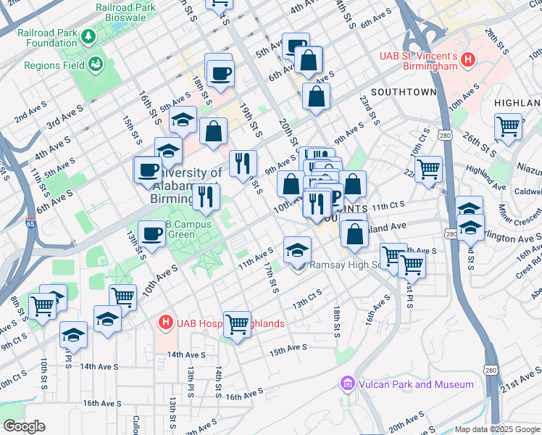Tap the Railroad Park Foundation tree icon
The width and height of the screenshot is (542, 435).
[x=88, y=36]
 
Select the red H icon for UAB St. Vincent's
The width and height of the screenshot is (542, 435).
[x=468, y=59]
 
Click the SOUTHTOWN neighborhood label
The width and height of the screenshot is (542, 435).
[x=404, y=92]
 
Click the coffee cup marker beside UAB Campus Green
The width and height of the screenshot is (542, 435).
[x=151, y=235]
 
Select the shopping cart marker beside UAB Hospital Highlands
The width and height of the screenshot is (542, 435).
[x=237, y=325]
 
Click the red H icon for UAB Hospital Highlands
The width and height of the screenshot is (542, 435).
[x=165, y=323]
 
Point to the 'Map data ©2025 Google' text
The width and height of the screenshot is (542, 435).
[x=496, y=429]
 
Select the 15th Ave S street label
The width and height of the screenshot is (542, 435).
[x=288, y=350]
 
